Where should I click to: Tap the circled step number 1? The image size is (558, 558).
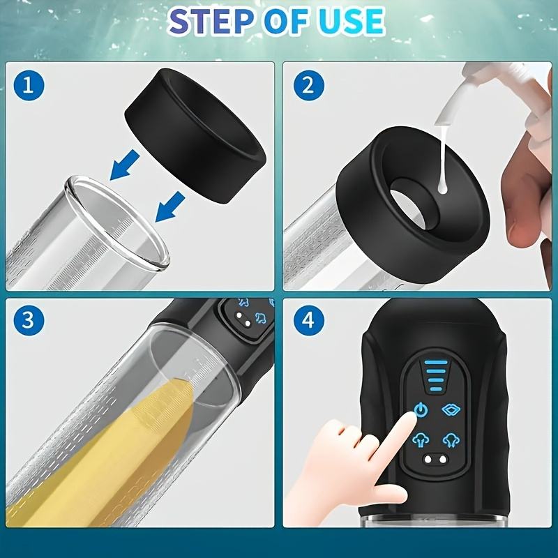pos(29,85)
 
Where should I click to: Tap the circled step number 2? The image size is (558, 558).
pos(308,85)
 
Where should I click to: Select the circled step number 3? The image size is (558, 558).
pos(29,320)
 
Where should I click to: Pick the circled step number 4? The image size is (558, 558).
pos(308,320)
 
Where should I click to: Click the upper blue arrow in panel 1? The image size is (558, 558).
pos(124,165)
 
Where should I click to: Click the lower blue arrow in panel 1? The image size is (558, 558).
pos(169,207)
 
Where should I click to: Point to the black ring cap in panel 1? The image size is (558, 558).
pos(196,135)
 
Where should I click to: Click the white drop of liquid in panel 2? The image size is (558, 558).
pos(443,187)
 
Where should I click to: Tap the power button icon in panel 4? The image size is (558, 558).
pos(421,410)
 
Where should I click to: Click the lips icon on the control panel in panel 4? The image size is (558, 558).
pos(451,410)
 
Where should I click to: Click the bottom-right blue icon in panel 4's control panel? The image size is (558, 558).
pos(451,441)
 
